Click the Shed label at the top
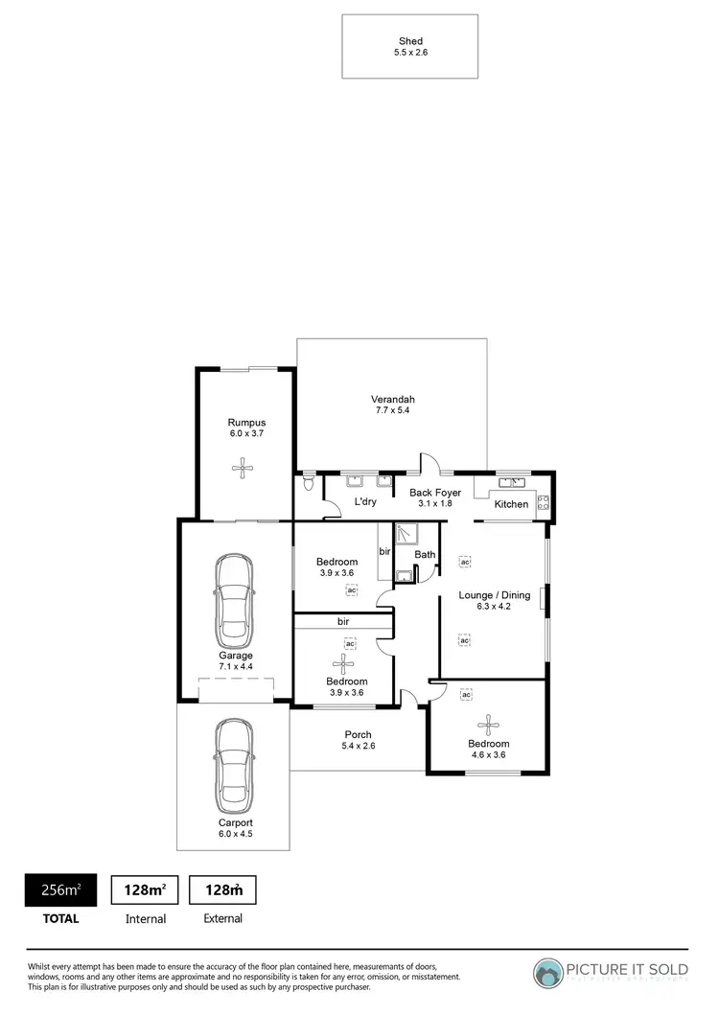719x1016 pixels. point(409,41)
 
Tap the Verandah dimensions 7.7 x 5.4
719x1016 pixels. point(393,411)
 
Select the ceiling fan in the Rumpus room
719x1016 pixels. point(245,468)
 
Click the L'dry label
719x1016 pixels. point(364,501)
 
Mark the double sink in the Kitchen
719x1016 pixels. point(510,482)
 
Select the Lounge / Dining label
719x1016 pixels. point(494,595)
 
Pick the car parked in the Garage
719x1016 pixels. point(235,602)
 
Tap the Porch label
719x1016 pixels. point(358,735)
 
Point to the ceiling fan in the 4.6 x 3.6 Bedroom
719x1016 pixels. point(489,726)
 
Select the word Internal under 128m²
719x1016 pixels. point(146,918)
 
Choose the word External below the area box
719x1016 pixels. point(221,918)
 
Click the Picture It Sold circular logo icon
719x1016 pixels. point(549,972)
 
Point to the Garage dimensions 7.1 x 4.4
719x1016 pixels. point(234,667)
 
